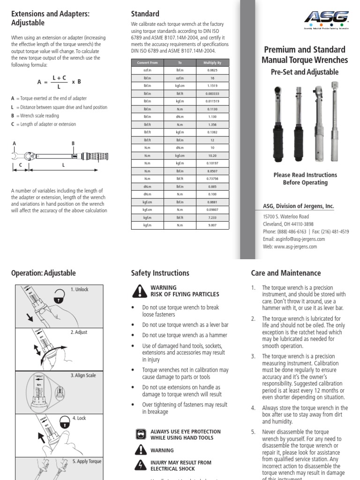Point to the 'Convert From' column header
pos(147,62)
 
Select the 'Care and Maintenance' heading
pos(286,273)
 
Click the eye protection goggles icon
pos(139,435)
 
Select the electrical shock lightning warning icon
pos(139,465)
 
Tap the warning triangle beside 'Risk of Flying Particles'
pos(139,291)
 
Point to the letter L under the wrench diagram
pos(62,165)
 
